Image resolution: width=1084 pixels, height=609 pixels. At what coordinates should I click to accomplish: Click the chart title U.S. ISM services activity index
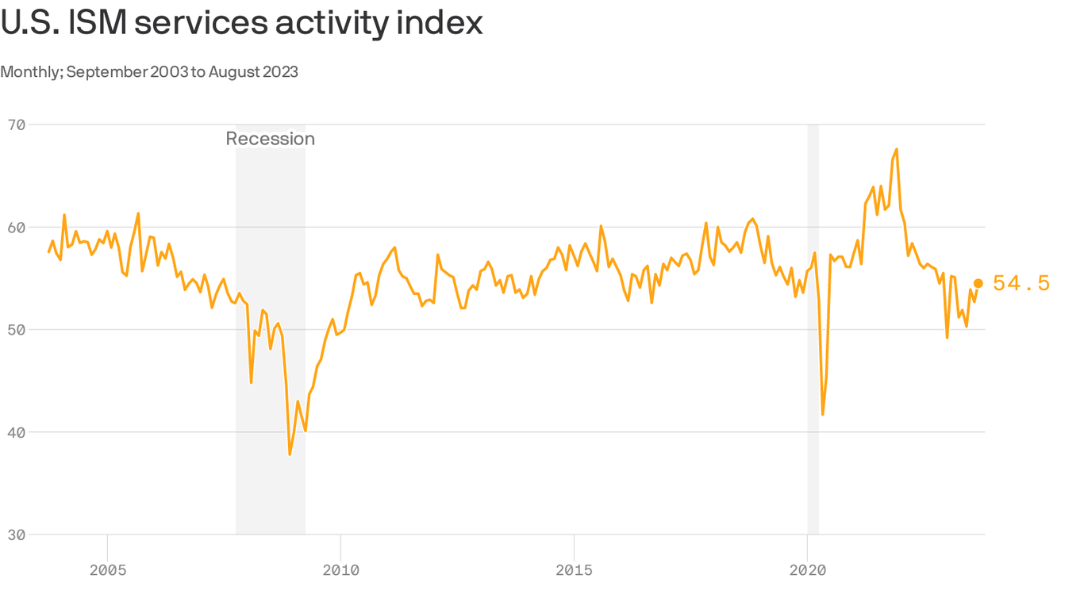click(x=241, y=23)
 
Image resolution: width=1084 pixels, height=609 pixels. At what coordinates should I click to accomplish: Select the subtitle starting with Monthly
click(x=149, y=72)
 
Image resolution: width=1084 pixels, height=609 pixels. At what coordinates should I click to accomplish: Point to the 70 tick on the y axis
click(x=17, y=124)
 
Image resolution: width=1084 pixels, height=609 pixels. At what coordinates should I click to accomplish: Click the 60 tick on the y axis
click(x=17, y=227)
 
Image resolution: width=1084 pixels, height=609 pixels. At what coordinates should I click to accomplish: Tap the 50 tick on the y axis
click(x=17, y=329)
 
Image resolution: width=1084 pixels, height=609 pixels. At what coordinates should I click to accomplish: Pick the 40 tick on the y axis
click(x=17, y=432)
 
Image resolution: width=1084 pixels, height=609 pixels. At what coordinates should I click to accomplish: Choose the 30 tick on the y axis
click(x=17, y=534)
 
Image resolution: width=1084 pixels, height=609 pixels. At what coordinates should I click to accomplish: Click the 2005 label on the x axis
click(x=107, y=570)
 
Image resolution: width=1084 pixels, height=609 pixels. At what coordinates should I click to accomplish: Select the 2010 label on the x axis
click(x=340, y=570)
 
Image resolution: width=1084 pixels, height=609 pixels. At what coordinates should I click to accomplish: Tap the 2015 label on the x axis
click(x=574, y=570)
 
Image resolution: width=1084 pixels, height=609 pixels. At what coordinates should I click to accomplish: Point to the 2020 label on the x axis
click(x=807, y=570)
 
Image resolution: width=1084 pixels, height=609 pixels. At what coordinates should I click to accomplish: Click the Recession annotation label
click(x=270, y=139)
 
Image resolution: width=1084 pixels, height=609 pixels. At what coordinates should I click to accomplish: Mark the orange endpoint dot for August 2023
click(x=978, y=283)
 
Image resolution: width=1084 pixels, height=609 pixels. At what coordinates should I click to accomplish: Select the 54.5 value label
click(x=1021, y=283)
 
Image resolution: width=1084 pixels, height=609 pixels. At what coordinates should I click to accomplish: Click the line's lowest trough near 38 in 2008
click(x=290, y=454)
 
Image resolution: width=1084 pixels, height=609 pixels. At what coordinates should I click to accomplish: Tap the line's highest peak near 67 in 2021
click(x=897, y=149)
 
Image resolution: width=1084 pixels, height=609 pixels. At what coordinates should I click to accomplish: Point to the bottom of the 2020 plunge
click(x=823, y=414)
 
